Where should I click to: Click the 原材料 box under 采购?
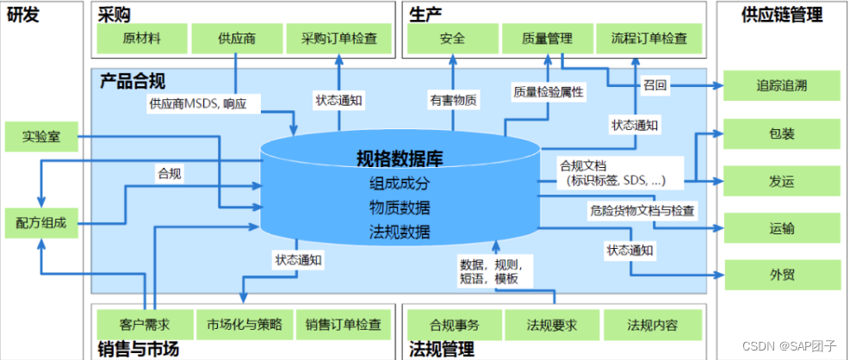point(142,39)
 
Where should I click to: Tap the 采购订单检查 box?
point(338,39)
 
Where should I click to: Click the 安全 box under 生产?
point(452,39)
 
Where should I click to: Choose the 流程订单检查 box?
point(648,39)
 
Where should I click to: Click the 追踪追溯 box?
point(782,85)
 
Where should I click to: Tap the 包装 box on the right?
point(782,134)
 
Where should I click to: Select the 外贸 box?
point(782,275)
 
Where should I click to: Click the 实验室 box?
point(40,136)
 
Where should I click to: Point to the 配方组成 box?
point(40,222)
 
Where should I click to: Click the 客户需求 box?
point(145,325)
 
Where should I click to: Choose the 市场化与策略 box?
point(245,325)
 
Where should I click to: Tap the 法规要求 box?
point(552,325)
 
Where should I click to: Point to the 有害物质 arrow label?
point(453,99)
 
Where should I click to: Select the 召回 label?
point(654,85)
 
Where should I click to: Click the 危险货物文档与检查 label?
point(642,210)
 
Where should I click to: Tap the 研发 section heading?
point(22,14)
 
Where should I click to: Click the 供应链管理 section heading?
point(782,14)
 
